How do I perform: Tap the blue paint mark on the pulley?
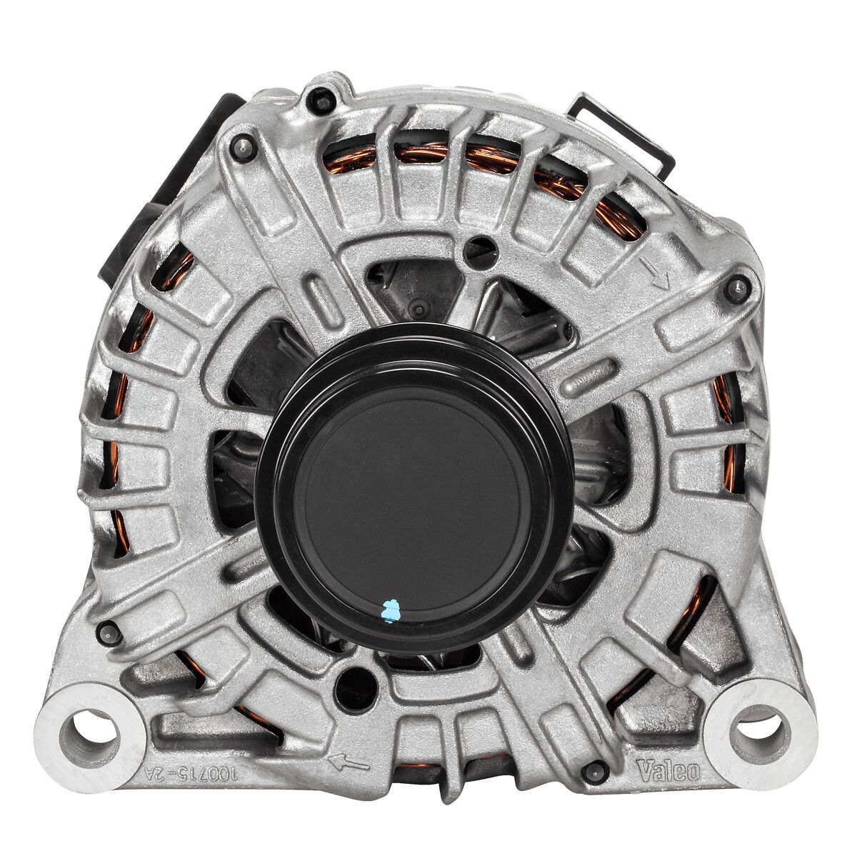391,611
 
